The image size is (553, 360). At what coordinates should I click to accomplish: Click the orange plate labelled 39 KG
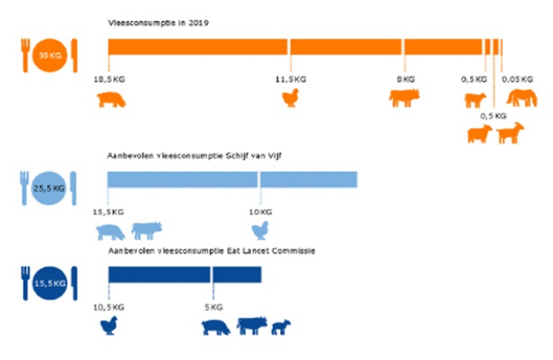point(47,57)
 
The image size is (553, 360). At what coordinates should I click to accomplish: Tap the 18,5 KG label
point(108,79)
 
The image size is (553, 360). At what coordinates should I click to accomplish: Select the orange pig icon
point(112,99)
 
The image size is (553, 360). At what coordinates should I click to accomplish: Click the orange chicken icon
point(290,98)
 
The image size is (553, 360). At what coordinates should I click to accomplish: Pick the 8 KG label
point(406,79)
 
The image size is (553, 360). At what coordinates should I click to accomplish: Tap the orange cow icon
point(404,98)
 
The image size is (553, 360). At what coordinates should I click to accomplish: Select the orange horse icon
point(522,98)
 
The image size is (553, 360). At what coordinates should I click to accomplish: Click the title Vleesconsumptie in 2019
point(158,23)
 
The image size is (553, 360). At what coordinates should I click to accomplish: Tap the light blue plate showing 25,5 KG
point(48,185)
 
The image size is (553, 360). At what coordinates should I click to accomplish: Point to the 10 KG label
point(260,211)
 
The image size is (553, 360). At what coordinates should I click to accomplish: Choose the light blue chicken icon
point(259,230)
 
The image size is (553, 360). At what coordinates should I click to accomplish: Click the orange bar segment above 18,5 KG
point(197,47)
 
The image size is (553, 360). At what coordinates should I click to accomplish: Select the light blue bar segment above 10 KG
point(308,180)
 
